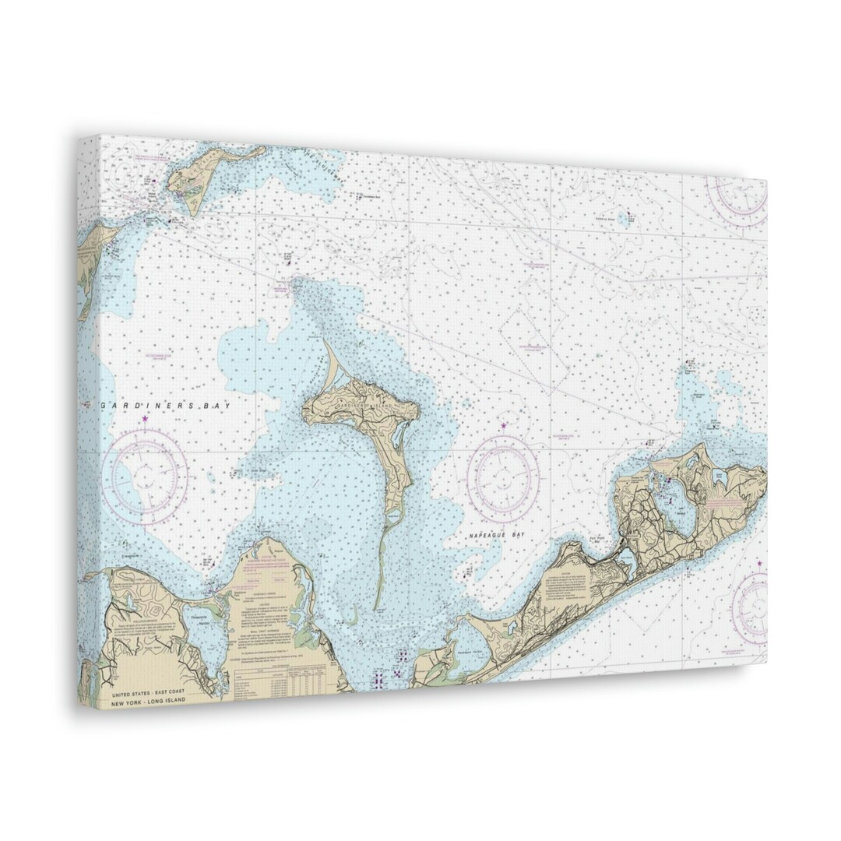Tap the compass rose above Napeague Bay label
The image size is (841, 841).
[x=503, y=478]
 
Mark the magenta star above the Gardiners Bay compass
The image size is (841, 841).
[x=145, y=420]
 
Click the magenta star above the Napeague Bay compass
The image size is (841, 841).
[x=503, y=426]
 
